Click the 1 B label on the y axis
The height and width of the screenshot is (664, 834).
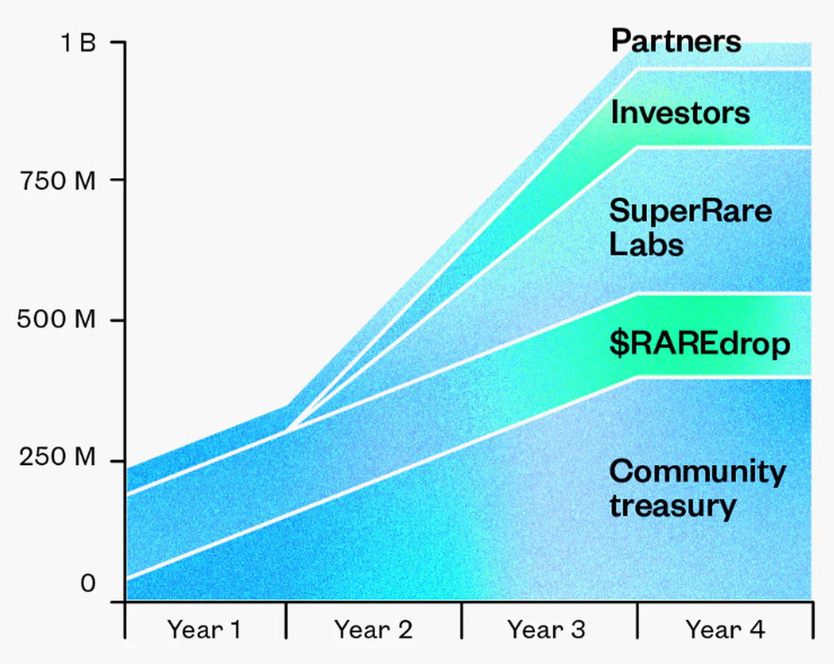click(78, 43)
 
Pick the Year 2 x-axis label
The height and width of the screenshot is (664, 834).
click(373, 630)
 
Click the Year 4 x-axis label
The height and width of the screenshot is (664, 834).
click(725, 630)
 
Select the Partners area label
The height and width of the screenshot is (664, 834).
click(676, 41)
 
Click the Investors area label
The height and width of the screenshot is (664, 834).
click(680, 113)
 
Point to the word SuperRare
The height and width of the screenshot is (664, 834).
click(690, 211)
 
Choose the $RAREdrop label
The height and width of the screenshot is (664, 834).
click(699, 344)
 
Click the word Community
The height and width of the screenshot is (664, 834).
click(697, 473)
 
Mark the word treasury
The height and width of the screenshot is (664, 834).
click(672, 506)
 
